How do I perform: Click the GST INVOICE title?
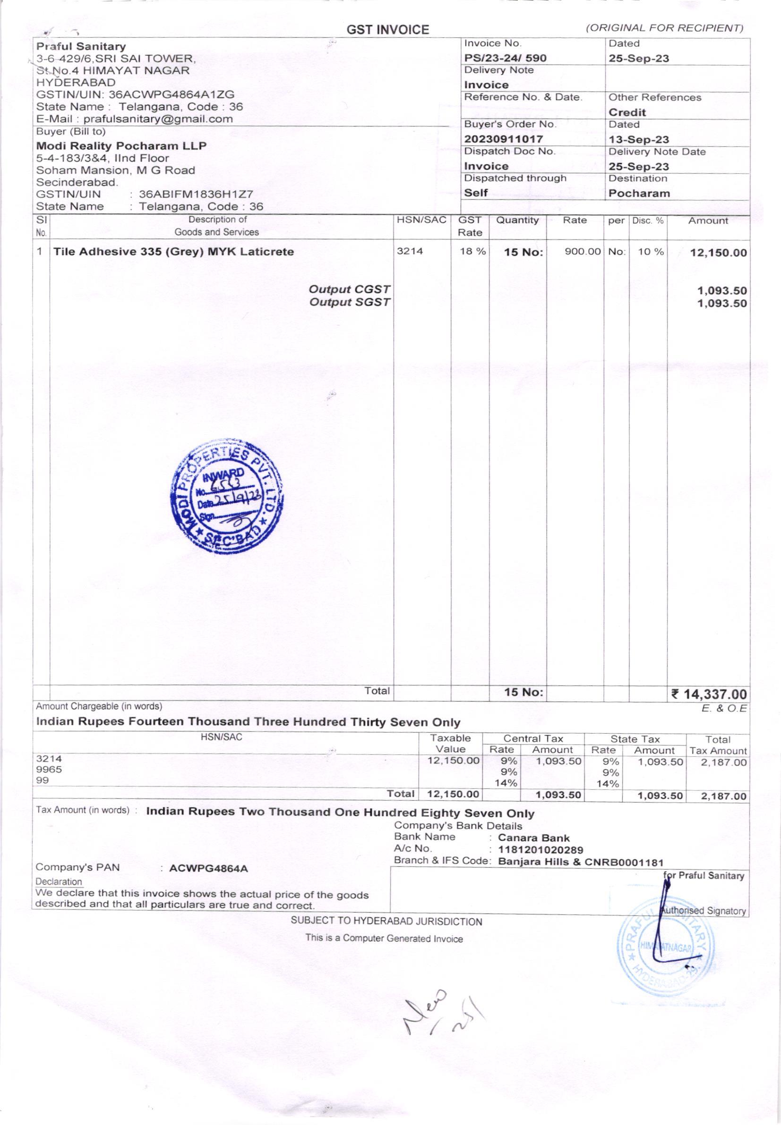pos(387,30)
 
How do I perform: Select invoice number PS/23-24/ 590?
pos(505,58)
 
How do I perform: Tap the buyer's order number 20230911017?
pos(504,139)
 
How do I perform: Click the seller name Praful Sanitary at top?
pos(81,46)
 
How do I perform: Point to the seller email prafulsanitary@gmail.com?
pos(158,119)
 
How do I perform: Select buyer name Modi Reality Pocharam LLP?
pos(121,146)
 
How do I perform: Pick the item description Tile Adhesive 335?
pos(174,252)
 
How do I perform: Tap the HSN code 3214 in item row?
pos(410,252)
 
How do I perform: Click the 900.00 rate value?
pos(582,252)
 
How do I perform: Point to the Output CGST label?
pos(350,289)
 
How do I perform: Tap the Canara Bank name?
pos(533,838)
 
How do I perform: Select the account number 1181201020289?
pos(540,850)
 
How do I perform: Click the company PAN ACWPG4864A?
pos(208,868)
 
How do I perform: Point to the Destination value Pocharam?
pos(639,193)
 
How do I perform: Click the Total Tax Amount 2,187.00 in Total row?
pos(724,796)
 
